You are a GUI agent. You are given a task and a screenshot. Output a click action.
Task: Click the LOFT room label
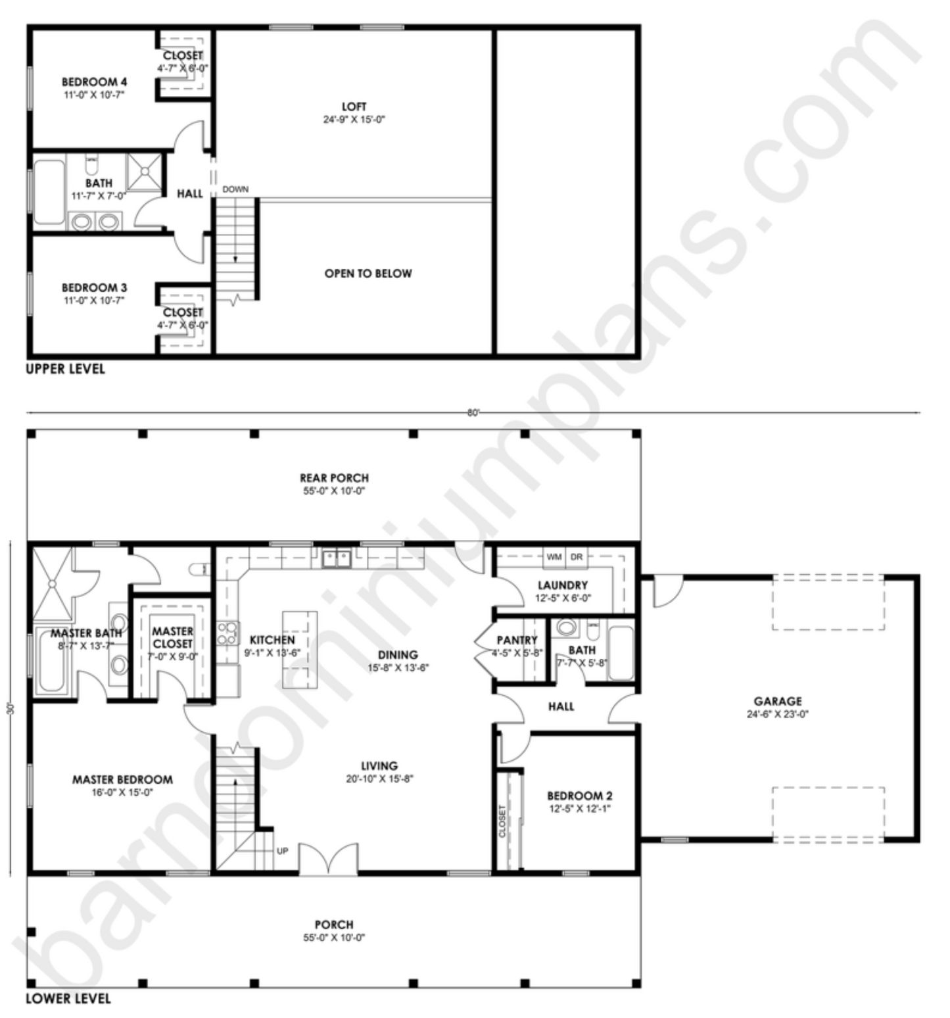(x=354, y=107)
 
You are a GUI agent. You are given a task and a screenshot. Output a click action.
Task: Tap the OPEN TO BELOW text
(x=368, y=274)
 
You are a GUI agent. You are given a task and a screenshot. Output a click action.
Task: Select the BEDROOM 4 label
(x=94, y=82)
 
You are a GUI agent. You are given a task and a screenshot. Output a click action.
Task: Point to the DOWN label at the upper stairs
(x=235, y=189)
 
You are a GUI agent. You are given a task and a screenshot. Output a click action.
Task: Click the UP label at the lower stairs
(x=282, y=851)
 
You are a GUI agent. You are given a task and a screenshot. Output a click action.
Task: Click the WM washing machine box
(x=554, y=557)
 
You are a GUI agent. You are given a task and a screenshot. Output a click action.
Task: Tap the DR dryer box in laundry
(x=577, y=557)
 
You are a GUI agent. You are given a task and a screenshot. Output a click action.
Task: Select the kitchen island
(x=300, y=650)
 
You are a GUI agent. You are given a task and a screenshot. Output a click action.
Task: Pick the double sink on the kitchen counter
(x=336, y=559)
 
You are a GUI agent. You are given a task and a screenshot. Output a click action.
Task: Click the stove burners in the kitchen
(x=227, y=633)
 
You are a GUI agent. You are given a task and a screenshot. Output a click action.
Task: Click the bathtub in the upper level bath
(x=49, y=193)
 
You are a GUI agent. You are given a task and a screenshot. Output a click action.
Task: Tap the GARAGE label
(x=778, y=701)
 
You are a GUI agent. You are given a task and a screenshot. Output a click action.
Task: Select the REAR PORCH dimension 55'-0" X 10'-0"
(x=334, y=491)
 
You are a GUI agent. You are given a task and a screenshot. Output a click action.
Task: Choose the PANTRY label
(x=517, y=640)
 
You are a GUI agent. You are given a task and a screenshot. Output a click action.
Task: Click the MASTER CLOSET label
(x=173, y=637)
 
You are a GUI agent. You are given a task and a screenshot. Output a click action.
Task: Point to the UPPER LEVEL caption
(x=65, y=369)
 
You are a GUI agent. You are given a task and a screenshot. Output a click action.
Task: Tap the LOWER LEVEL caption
(x=68, y=999)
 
